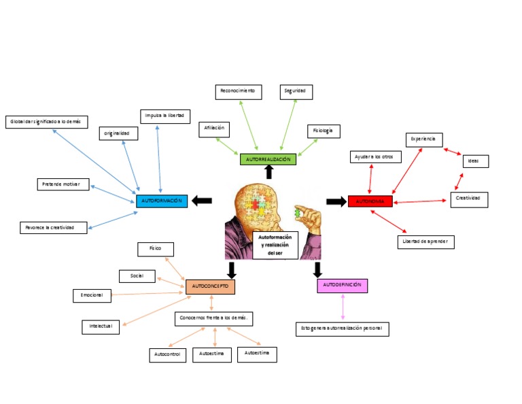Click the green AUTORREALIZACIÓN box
pos(268,159)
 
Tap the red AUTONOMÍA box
pos(370,201)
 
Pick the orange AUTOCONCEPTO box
pos(210,287)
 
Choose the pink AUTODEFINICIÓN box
pos(342,286)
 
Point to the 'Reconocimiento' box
pos(237,90)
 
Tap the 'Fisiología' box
pos(323,131)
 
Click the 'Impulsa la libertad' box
pos(164,116)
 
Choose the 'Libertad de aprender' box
pos(425,241)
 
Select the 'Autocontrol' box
pos(167,355)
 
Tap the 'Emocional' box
pos(92,295)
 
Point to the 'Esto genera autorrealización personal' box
pos(343,329)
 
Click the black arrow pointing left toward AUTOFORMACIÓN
pos(202,201)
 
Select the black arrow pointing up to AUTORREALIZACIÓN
pos(268,172)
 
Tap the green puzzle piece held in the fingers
pos(297,213)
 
